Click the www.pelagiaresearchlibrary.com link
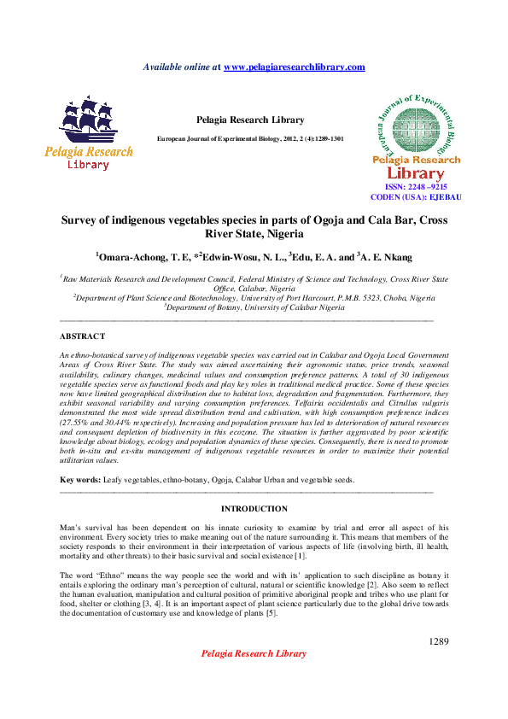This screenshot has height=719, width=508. [x=294, y=67]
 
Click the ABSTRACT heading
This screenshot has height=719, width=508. [x=83, y=336]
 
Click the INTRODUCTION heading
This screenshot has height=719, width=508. [x=254, y=508]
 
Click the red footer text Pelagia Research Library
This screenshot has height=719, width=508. [x=254, y=653]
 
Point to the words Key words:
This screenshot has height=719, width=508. [x=79, y=481]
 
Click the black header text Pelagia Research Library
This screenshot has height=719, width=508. [x=250, y=120]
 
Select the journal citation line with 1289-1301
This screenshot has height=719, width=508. [x=250, y=138]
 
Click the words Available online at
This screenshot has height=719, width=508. [x=181, y=67]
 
